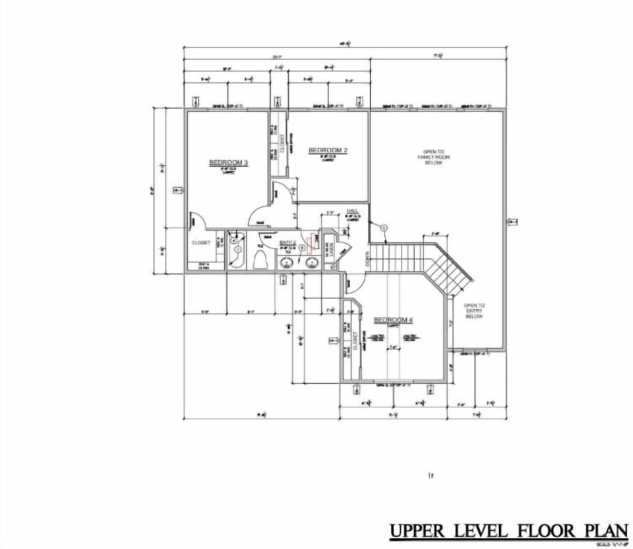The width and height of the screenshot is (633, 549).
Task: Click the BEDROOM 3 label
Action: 228,163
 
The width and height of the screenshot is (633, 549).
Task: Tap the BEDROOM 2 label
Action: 328,150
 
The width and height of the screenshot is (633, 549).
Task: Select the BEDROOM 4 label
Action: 393,320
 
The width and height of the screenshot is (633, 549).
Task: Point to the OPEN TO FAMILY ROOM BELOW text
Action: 429,157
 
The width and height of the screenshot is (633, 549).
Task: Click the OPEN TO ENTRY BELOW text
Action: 474,311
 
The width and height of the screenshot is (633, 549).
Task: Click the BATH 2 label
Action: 287,243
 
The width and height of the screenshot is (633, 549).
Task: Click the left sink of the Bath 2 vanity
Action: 286,264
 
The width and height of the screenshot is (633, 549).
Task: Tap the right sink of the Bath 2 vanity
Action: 312,264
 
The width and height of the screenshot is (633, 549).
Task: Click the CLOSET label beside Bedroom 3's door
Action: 201,243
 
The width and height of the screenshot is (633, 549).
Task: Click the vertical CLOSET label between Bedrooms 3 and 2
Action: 282,144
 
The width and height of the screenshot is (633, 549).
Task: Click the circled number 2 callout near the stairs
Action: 384,227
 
